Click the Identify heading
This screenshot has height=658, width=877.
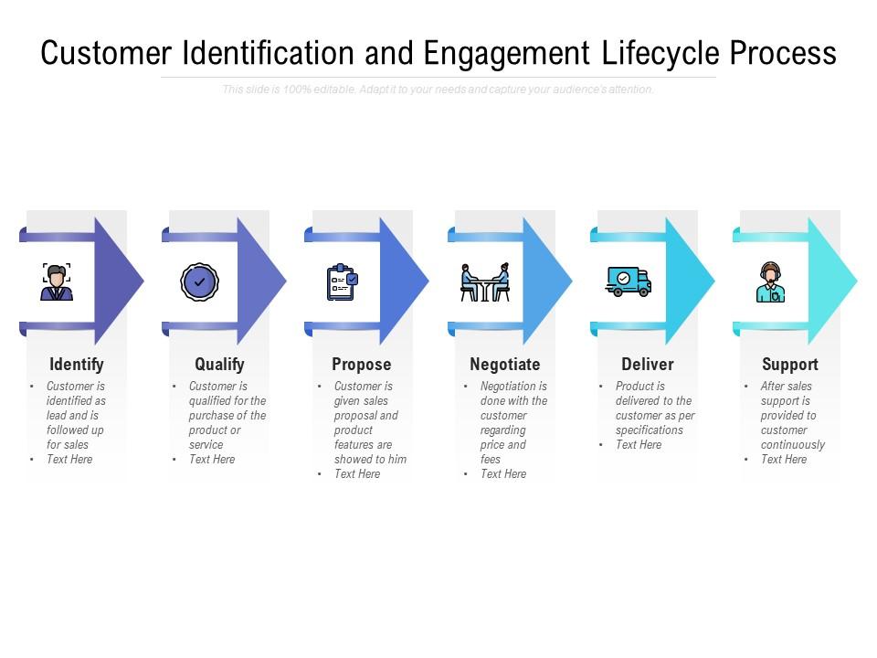[x=77, y=365]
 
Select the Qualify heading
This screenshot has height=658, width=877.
[x=219, y=365]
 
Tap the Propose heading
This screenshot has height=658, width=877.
[x=362, y=365]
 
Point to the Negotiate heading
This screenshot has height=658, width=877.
[x=505, y=365]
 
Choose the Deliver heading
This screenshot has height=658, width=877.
[x=648, y=365]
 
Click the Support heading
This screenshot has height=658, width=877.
[x=790, y=365]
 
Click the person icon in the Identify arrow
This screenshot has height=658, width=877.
[x=57, y=281]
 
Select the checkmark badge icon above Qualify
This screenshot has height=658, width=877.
[x=199, y=281]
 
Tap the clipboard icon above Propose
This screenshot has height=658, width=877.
[x=343, y=282]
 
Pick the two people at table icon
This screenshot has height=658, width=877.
[x=485, y=282]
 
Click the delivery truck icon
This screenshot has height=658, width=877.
[x=629, y=281]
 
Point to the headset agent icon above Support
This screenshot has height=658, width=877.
[x=771, y=282]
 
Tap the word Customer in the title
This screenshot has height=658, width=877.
[x=106, y=54]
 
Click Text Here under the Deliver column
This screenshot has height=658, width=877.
[x=639, y=445]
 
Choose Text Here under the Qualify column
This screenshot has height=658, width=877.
[x=212, y=460]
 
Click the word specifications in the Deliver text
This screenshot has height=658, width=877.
[x=650, y=430]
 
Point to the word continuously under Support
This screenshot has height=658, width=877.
[x=793, y=445]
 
